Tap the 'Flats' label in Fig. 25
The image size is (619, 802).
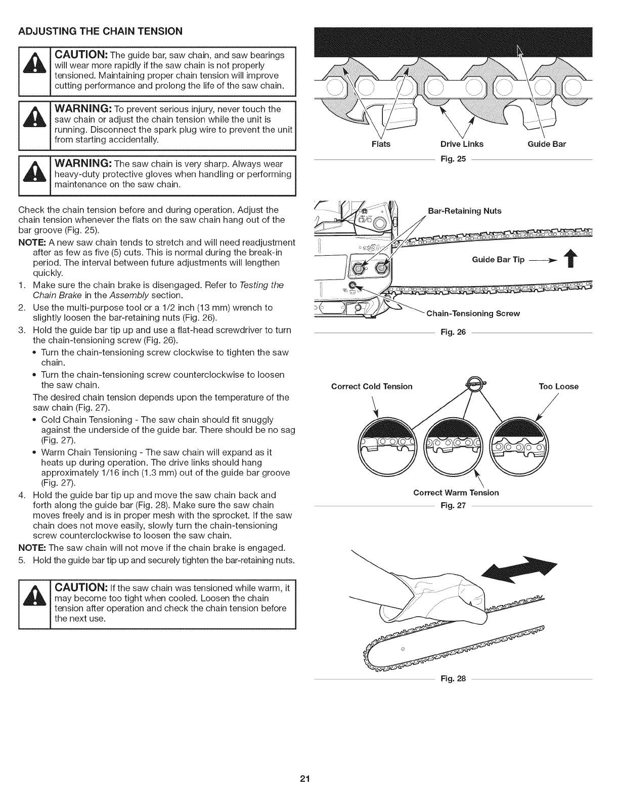381,144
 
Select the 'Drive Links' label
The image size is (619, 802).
462,144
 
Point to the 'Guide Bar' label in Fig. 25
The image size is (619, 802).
547,144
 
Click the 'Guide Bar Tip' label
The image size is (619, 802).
498,260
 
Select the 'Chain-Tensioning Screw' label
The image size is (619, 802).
473,313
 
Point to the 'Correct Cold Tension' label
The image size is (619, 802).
372,387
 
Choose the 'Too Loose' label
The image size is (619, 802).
558,387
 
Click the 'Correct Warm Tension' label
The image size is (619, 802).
456,493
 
